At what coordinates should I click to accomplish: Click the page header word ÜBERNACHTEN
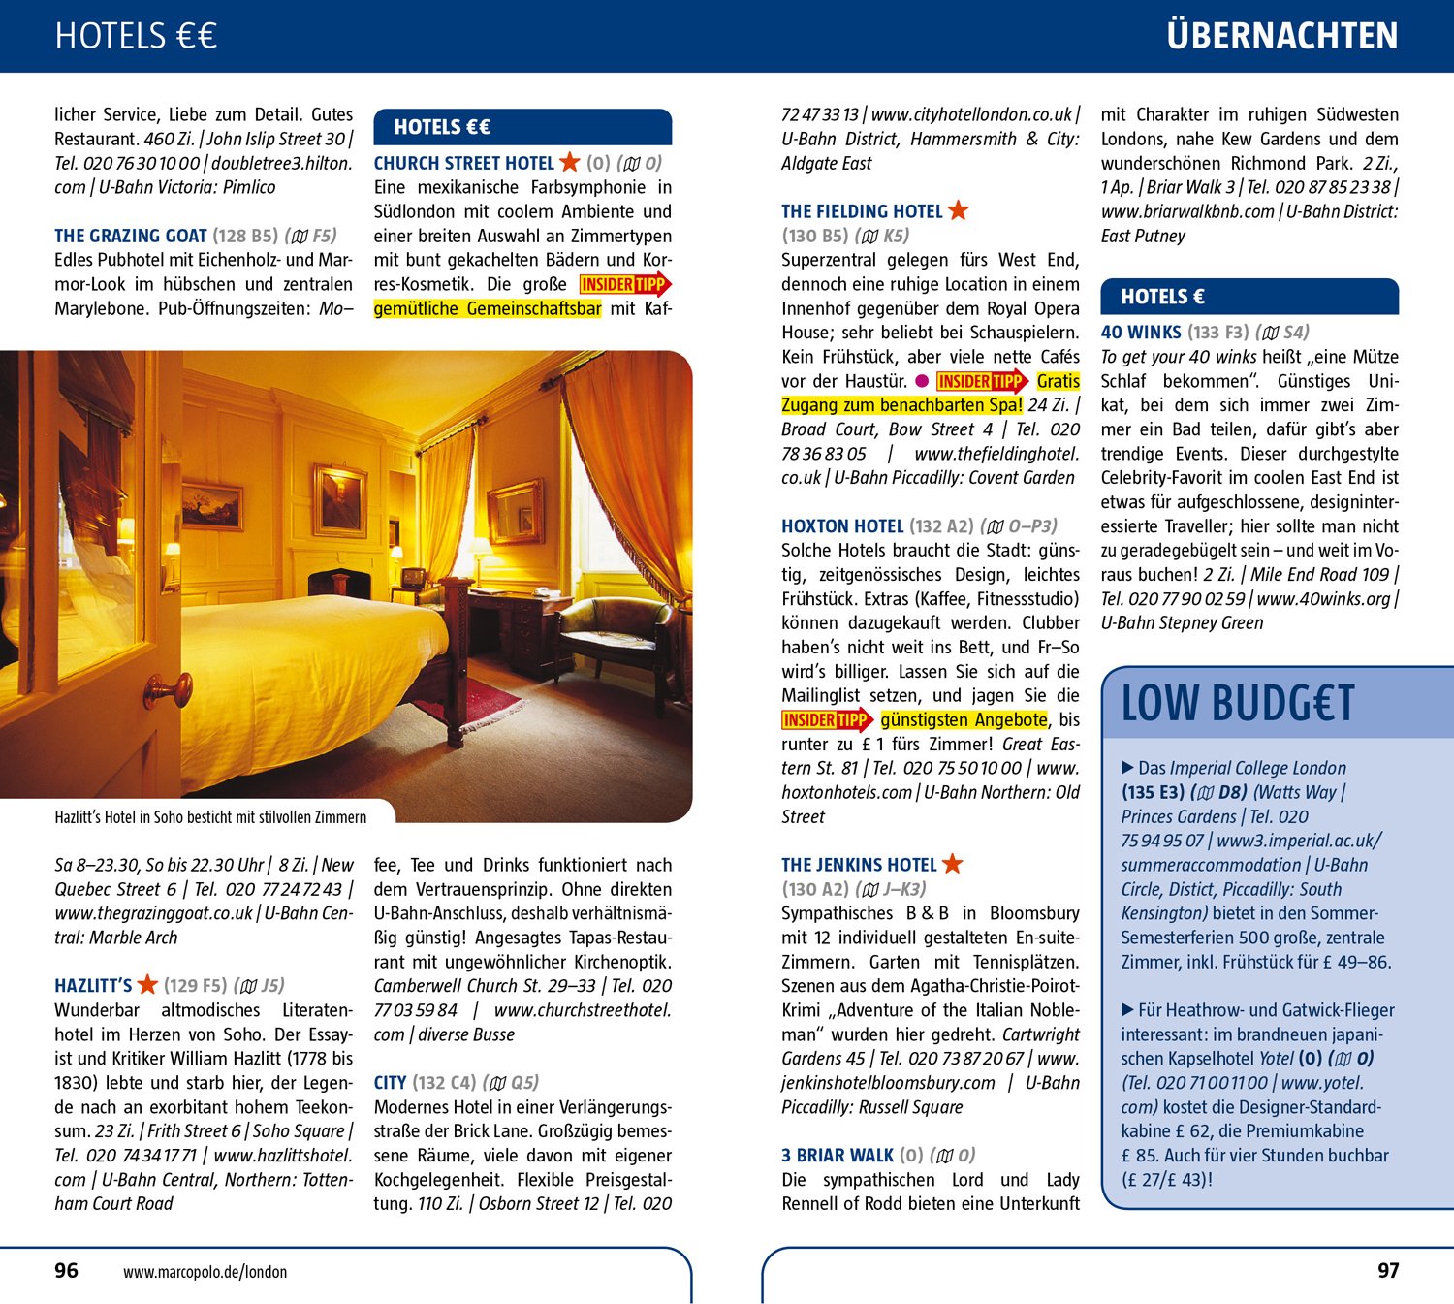point(1281,36)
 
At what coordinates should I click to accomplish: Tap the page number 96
point(66,1270)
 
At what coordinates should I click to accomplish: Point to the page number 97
point(1388,1270)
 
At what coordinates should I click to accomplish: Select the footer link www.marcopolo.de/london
point(205,1272)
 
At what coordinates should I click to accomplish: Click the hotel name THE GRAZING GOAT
point(131,236)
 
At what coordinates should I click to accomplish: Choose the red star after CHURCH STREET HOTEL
point(570,162)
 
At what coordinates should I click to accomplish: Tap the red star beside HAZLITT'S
point(147,985)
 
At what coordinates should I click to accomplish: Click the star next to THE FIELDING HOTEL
point(958,210)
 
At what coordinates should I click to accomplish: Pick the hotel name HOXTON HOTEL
point(842,526)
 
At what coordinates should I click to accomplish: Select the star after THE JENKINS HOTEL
point(952,864)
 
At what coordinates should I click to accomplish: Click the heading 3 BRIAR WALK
point(838,1156)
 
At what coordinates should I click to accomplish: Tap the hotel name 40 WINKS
point(1141,333)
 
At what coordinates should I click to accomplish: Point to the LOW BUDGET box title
point(1237,703)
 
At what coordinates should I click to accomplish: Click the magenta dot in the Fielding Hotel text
point(922,381)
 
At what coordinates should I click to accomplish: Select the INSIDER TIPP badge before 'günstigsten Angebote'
point(827,720)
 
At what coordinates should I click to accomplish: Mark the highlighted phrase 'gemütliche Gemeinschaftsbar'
point(488,309)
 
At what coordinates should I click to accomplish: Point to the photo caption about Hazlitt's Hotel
point(210,817)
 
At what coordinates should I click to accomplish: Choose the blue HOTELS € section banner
point(1249,297)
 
